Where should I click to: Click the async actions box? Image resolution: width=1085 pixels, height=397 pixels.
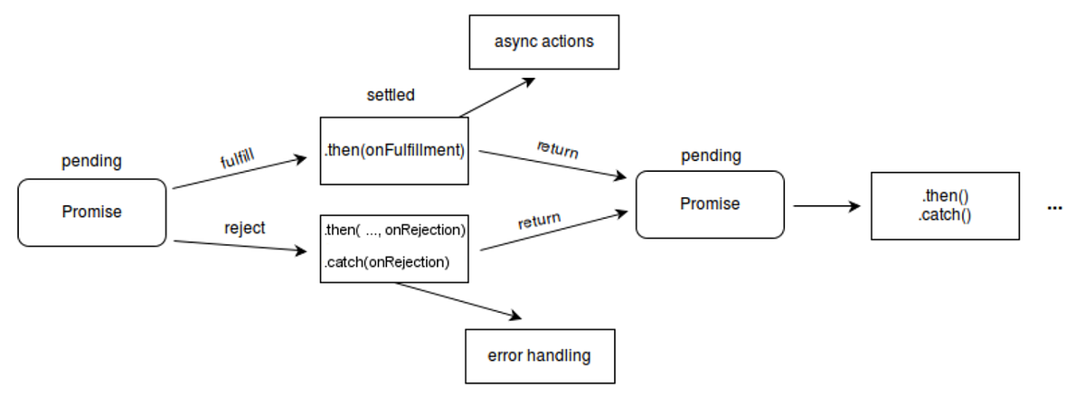(543, 42)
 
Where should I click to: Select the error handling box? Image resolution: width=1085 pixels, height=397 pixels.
(540, 355)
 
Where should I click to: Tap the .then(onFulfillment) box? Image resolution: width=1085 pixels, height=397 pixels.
(394, 151)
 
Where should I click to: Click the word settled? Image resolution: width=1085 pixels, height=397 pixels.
(391, 95)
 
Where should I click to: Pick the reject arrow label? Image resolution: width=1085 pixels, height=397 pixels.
(244, 228)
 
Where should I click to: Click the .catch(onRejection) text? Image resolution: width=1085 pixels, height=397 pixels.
(386, 263)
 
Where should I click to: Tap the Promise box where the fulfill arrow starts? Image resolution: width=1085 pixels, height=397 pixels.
(92, 212)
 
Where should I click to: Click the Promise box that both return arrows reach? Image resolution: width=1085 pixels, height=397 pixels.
(710, 204)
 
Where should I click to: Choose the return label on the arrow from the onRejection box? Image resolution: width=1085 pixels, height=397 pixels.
(539, 220)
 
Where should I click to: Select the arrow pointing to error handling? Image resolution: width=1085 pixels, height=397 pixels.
(459, 300)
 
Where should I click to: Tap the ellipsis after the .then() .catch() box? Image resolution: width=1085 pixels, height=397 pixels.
(1054, 208)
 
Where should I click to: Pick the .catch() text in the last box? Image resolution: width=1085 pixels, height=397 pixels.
(945, 216)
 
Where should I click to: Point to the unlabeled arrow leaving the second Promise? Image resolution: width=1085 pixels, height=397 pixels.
(826, 206)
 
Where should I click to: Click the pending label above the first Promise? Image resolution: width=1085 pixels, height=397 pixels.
(91, 162)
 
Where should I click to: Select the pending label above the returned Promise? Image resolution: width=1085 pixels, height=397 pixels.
(711, 156)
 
